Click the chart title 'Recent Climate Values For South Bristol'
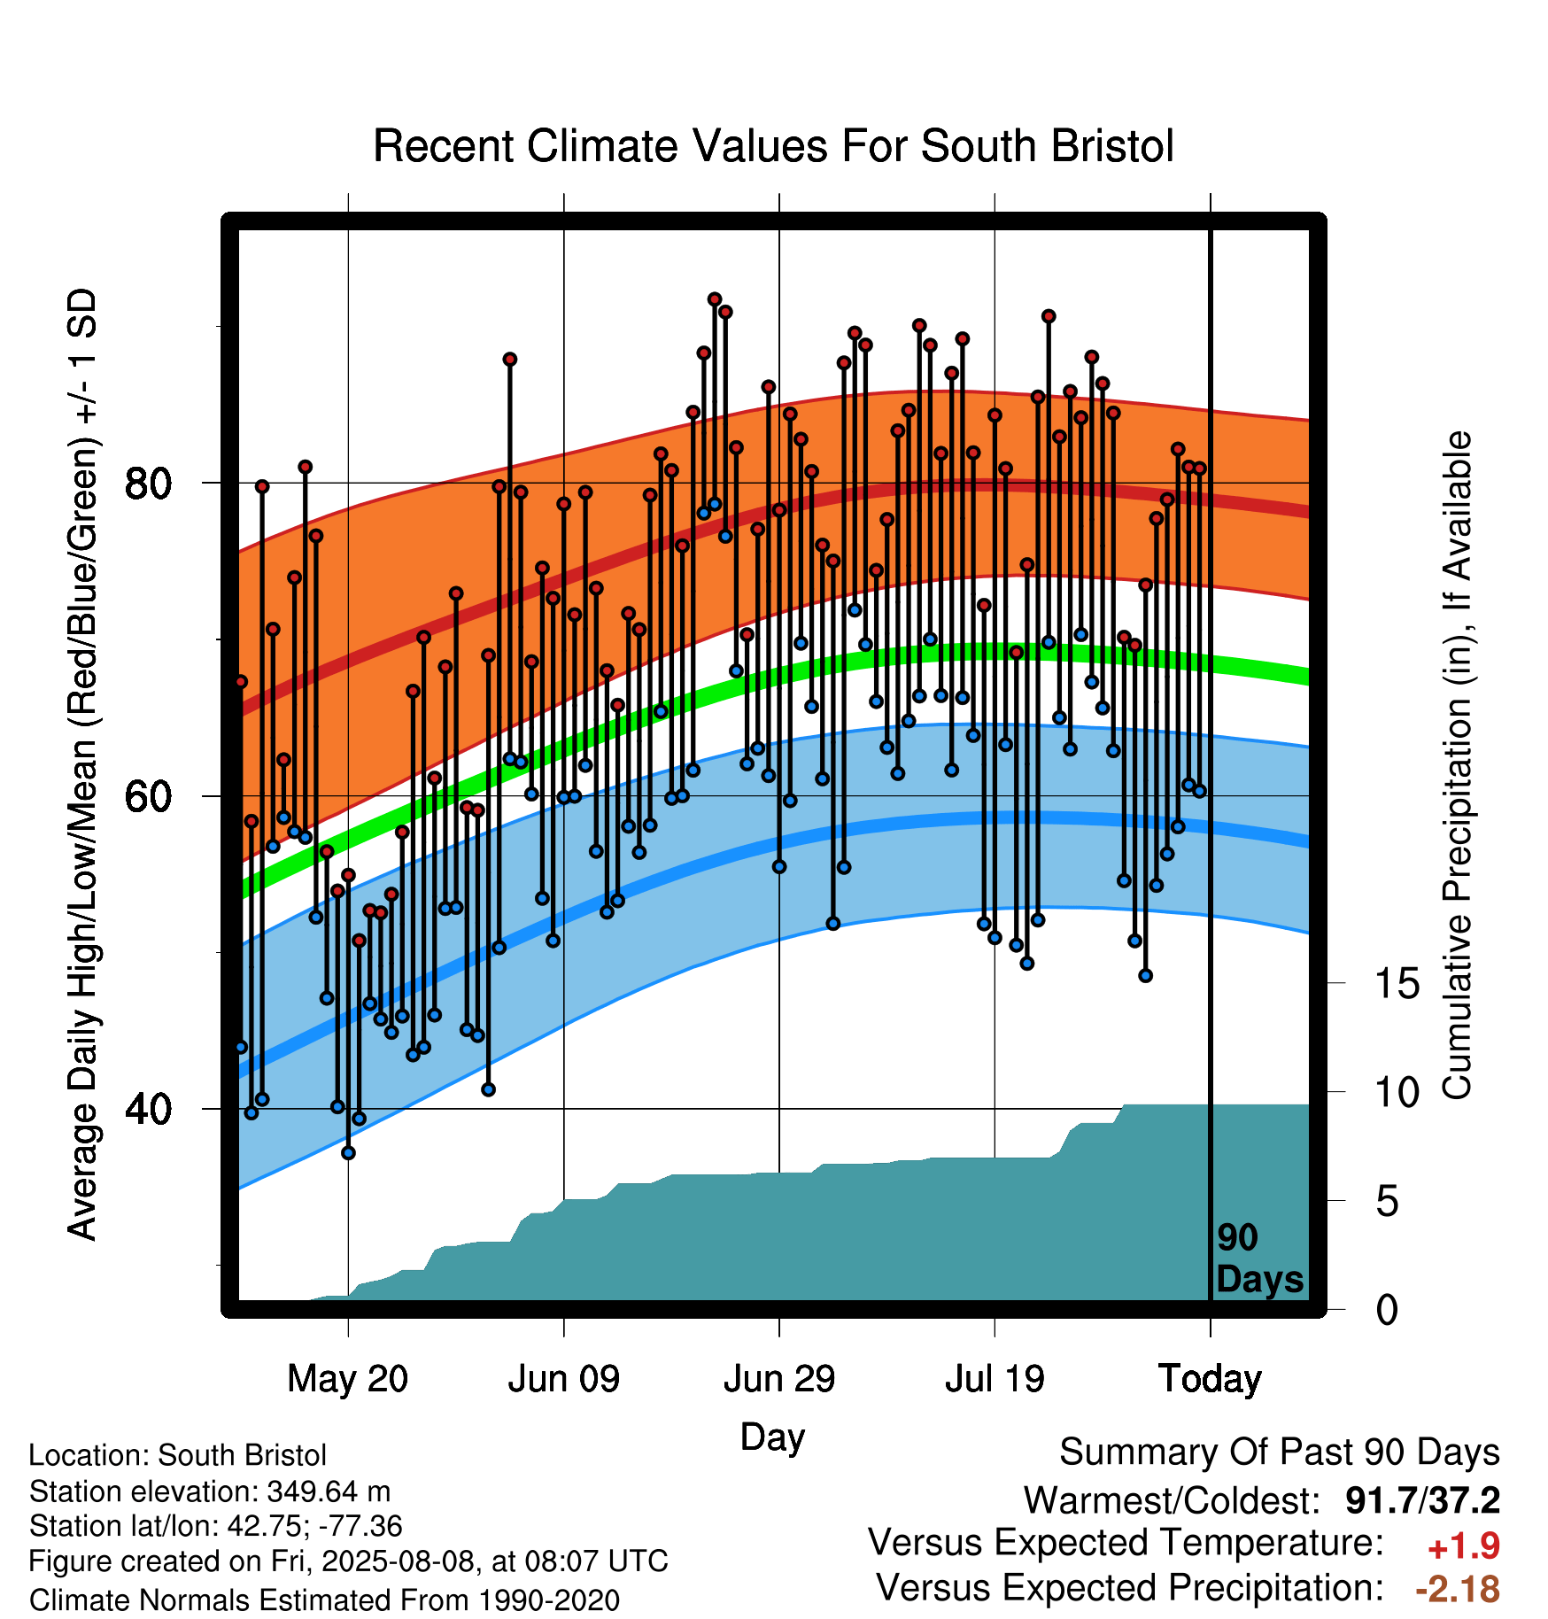pyautogui.click(x=773, y=146)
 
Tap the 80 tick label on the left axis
pyautogui.click(x=148, y=484)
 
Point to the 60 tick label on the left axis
pyautogui.click(x=148, y=796)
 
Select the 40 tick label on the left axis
pyautogui.click(x=148, y=1109)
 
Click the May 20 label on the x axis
pyautogui.click(x=348, y=1379)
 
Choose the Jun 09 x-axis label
pyautogui.click(x=564, y=1379)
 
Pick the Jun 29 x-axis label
pyautogui.click(x=779, y=1379)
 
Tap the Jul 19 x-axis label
pyautogui.click(x=995, y=1379)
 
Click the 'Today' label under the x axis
pyautogui.click(x=1211, y=1379)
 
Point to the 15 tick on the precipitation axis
pyautogui.click(x=1397, y=984)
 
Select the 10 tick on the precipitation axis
pyautogui.click(x=1397, y=1093)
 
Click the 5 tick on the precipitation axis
pyautogui.click(x=1388, y=1202)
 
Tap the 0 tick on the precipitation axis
pyautogui.click(x=1388, y=1310)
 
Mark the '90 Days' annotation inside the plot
pyautogui.click(x=1259, y=1259)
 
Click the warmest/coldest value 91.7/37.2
pyautogui.click(x=1423, y=1500)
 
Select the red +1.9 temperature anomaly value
pyautogui.click(x=1464, y=1546)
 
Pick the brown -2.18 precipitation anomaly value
pyautogui.click(x=1458, y=1589)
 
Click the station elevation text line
pyautogui.click(x=210, y=1491)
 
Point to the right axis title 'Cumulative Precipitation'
pyautogui.click(x=1458, y=766)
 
